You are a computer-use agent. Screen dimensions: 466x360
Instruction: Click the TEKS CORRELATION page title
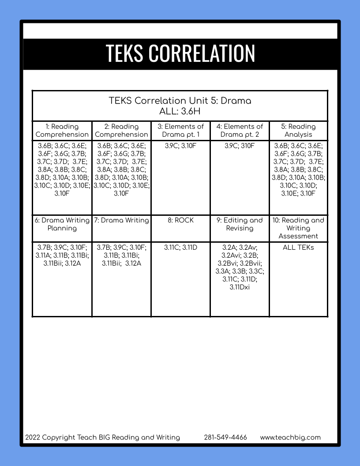180,53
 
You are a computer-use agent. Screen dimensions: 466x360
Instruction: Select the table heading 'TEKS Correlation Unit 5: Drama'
180,101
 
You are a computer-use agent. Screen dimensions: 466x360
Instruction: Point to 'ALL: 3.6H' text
180,110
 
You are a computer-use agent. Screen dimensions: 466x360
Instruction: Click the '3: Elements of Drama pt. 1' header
180,131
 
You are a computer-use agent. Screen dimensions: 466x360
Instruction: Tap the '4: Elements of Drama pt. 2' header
240,131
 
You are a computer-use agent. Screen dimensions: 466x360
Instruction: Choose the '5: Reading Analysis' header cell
298,131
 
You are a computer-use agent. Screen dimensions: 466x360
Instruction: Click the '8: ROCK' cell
180,220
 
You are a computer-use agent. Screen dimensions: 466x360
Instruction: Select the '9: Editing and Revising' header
240,224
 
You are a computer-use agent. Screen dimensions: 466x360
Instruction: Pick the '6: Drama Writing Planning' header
62,224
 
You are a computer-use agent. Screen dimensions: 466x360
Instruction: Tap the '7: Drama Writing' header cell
121,220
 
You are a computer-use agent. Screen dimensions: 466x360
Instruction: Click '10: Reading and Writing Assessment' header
298,228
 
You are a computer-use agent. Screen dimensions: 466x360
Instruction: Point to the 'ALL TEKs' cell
298,248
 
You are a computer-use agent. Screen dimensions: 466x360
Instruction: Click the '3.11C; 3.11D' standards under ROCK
180,248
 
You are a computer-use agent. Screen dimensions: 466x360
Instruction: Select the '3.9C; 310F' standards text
240,146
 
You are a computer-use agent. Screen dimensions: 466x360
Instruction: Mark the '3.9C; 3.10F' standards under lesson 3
180,146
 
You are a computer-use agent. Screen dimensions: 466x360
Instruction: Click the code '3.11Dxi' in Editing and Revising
240,287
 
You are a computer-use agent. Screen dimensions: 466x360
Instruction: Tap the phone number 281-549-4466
225,437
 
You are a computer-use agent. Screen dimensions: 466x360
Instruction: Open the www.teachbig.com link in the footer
290,437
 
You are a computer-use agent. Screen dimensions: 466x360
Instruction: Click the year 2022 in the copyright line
33,437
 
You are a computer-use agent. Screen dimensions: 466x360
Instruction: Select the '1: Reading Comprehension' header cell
62,131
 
